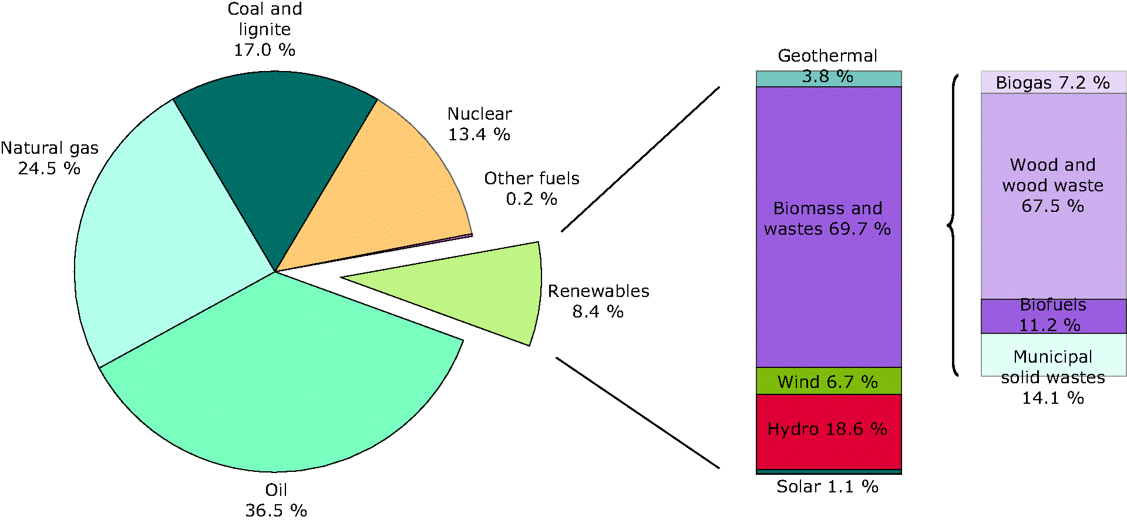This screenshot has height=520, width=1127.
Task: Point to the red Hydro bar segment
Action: coord(829,431)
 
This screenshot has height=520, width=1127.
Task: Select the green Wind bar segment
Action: coord(829,381)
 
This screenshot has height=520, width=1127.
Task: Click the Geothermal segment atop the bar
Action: coord(829,79)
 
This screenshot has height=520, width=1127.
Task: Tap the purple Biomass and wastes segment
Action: coord(829,227)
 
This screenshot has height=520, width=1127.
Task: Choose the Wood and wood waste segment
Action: coord(1054,196)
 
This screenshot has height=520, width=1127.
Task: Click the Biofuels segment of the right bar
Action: coord(1054,316)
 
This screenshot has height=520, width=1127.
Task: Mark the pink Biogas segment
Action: coord(1054,82)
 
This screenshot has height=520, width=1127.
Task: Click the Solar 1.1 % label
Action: coord(827,487)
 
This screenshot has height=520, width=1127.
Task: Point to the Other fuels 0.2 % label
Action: coord(531,188)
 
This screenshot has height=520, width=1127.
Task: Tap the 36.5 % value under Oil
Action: coord(276,510)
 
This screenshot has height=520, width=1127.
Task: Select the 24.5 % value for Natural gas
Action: coord(49,168)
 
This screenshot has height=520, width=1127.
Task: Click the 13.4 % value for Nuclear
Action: coord(479,134)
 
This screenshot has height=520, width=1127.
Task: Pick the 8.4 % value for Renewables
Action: coord(598,312)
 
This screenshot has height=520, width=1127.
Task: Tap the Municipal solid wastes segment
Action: coord(1054,354)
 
